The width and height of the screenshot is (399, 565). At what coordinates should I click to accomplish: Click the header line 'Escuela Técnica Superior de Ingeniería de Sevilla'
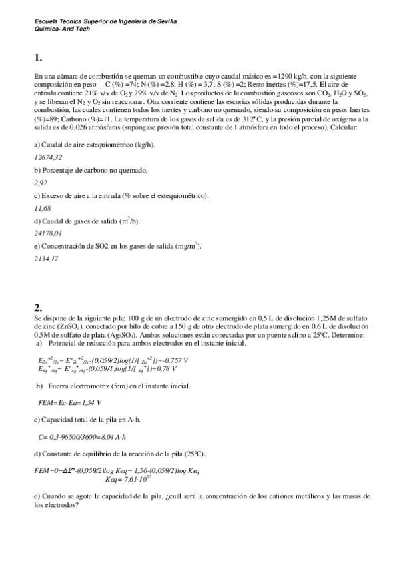105,21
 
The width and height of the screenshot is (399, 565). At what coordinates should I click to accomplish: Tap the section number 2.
38,307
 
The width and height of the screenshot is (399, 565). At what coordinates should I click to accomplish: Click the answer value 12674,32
48,157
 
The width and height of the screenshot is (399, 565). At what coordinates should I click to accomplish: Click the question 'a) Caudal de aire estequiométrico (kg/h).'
94,145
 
